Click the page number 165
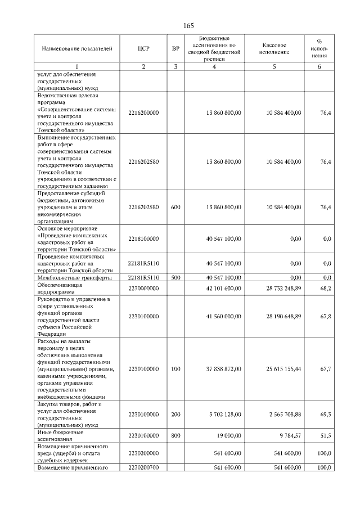(x=188, y=25)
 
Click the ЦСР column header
(x=143, y=49)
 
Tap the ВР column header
(x=175, y=49)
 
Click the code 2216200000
(x=143, y=113)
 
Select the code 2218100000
(x=143, y=239)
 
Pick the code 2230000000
(x=143, y=289)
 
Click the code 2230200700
(x=143, y=467)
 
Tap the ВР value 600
(x=175, y=208)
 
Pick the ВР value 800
(x=175, y=436)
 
